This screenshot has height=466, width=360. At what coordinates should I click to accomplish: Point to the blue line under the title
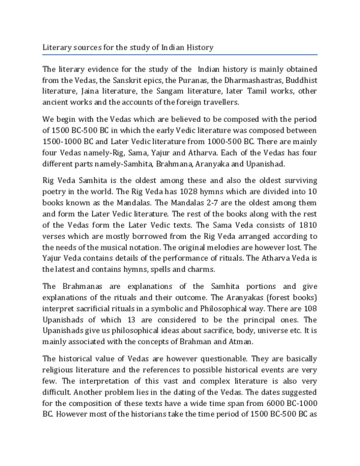pyautogui.click(x=180, y=53)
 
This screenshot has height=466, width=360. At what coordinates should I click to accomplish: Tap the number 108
pyautogui.click(x=308, y=310)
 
